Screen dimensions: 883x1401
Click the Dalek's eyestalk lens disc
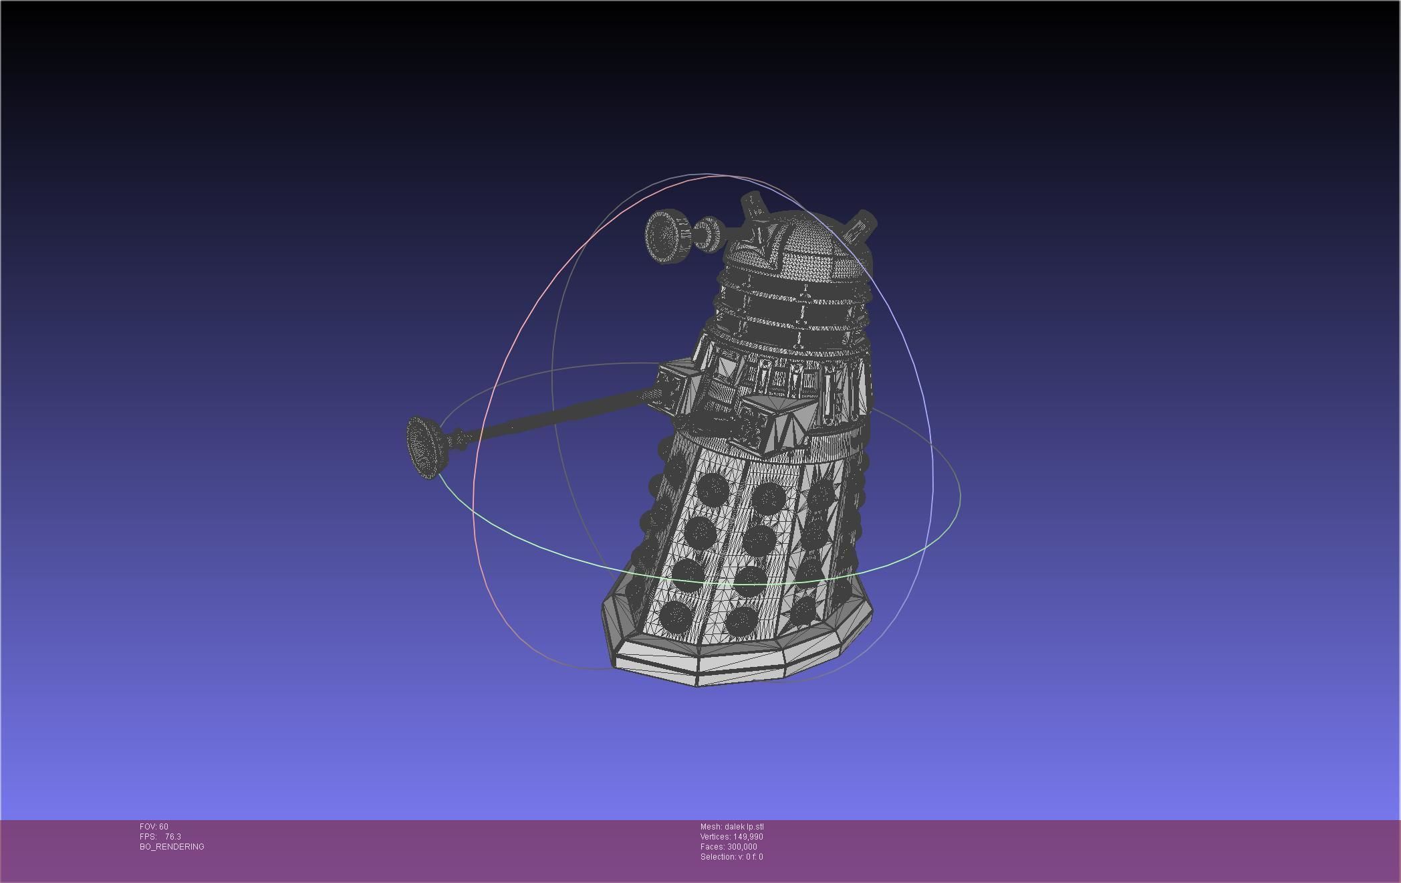[x=666, y=237]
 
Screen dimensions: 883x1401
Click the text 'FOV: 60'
[x=154, y=827]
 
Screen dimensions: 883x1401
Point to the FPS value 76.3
[x=172, y=837]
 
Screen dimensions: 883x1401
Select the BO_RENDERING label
[x=172, y=847]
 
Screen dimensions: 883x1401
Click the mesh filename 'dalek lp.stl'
[x=743, y=827]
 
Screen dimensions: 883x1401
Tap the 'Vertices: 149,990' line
[x=731, y=837]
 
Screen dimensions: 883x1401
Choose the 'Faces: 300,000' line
[x=729, y=847]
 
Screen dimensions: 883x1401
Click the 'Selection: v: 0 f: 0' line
[x=731, y=857]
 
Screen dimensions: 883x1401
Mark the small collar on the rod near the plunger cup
[x=460, y=439]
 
